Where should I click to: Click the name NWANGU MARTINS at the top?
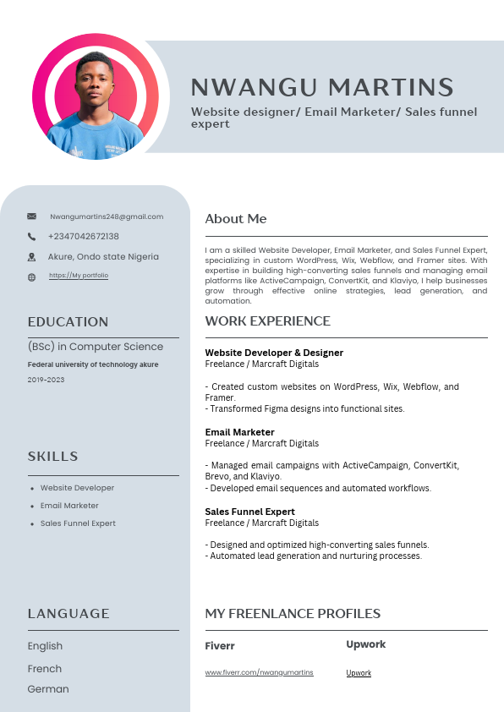click(322, 87)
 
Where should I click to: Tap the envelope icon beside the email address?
click(32, 216)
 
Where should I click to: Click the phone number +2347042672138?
click(84, 237)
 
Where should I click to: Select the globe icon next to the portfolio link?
click(32, 277)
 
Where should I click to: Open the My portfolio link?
click(79, 276)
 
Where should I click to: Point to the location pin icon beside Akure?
click(32, 257)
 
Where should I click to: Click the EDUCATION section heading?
click(68, 322)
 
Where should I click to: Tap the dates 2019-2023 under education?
click(46, 380)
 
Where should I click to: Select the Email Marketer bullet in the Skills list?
click(69, 506)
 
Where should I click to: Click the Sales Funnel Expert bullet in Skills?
click(78, 523)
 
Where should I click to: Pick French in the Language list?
click(45, 669)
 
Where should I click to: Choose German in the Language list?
click(48, 689)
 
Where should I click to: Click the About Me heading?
click(236, 219)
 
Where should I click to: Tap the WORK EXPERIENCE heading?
click(267, 321)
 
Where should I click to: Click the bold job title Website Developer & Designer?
click(274, 353)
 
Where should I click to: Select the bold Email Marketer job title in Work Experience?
click(239, 432)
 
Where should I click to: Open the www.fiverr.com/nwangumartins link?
click(259, 672)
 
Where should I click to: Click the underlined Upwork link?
click(359, 673)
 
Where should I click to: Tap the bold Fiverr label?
click(220, 646)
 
